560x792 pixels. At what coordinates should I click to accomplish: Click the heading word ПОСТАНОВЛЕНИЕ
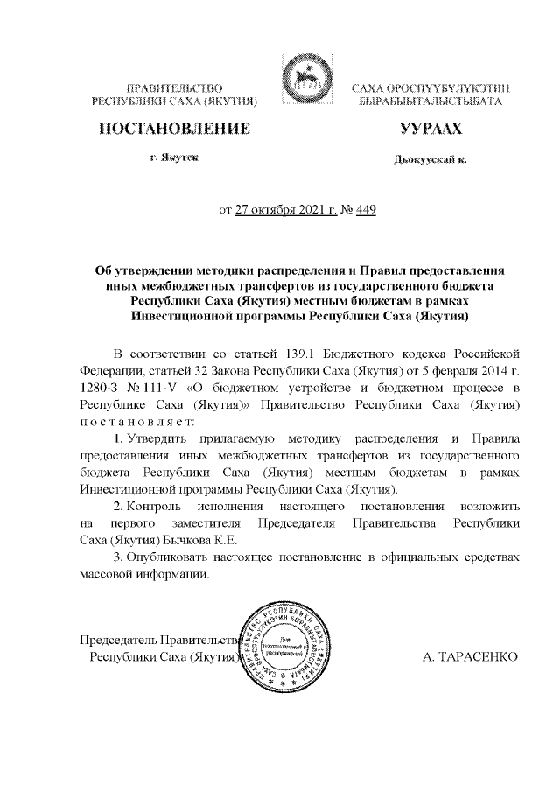(172, 130)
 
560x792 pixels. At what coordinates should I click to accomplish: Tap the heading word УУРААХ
(430, 130)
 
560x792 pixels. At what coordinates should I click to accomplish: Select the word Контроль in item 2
(154, 506)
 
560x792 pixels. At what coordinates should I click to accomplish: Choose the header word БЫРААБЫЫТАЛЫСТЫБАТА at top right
(430, 102)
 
